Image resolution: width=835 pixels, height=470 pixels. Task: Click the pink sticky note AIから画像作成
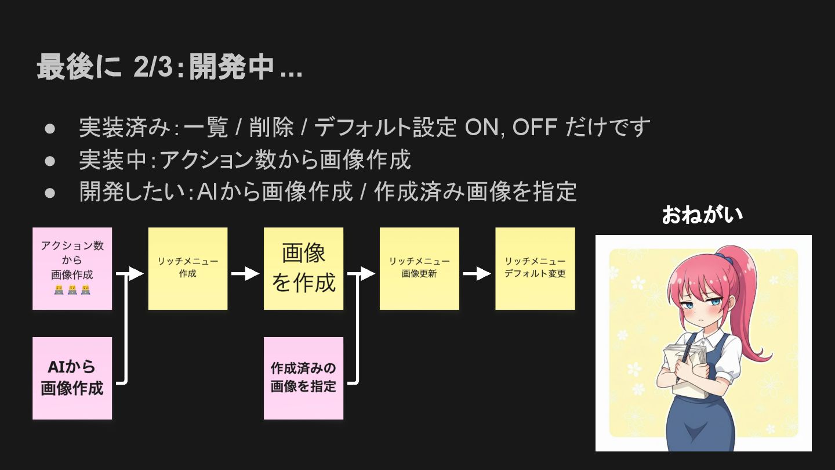(x=72, y=378)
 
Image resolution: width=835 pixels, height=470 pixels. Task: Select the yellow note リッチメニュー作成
(x=187, y=268)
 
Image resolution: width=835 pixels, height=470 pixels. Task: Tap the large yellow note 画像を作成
(x=303, y=268)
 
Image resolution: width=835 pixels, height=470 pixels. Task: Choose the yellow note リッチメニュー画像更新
(x=419, y=268)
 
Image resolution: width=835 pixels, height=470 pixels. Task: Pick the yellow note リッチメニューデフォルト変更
(x=535, y=268)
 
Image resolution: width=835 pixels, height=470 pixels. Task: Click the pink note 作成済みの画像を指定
(x=303, y=378)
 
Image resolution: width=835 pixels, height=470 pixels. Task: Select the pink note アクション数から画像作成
(x=72, y=268)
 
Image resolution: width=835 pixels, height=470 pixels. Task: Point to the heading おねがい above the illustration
(x=702, y=215)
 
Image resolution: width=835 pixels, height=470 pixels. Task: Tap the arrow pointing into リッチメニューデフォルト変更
(x=477, y=273)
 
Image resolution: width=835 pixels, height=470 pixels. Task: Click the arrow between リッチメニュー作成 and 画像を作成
(x=245, y=273)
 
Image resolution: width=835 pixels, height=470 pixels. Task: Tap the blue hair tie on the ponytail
(x=721, y=255)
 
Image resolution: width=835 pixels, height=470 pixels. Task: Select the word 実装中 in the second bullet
(x=113, y=160)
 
